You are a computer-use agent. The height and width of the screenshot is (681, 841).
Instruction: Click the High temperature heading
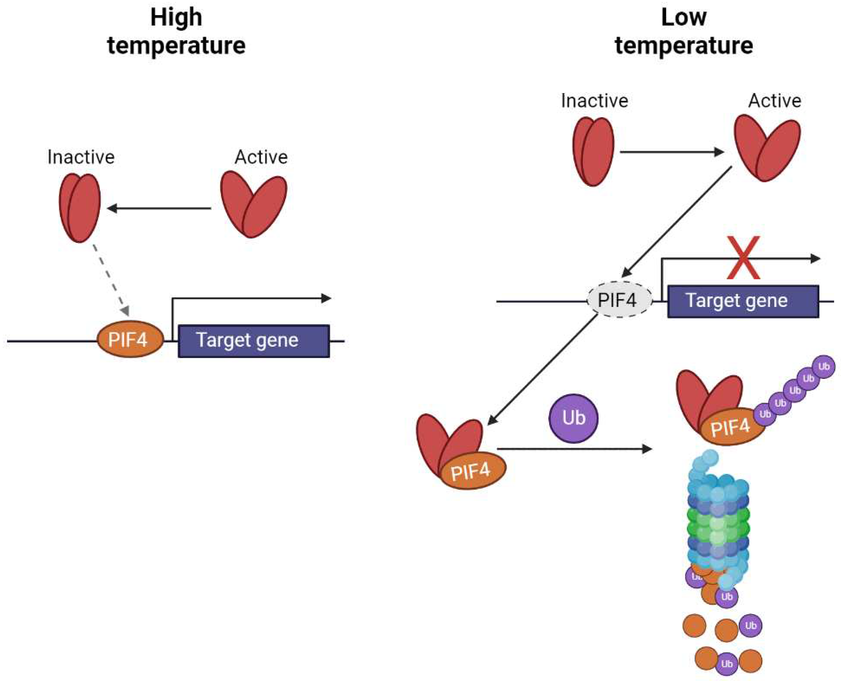(176, 32)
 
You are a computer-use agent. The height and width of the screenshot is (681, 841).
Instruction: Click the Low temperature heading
(683, 32)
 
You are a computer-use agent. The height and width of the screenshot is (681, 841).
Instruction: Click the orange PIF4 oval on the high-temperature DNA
(130, 340)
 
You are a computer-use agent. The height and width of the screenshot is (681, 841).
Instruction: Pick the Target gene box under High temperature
(254, 341)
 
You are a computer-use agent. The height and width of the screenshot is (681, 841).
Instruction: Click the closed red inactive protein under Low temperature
(593, 151)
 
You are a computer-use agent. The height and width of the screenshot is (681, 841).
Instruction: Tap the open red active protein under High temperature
(254, 204)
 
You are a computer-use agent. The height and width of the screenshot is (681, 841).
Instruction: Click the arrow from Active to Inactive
(159, 208)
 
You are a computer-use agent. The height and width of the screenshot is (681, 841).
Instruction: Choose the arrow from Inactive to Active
(671, 152)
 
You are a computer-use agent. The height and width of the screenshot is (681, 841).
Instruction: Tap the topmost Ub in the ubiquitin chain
(823, 366)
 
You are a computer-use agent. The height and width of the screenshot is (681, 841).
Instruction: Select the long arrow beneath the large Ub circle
(573, 449)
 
